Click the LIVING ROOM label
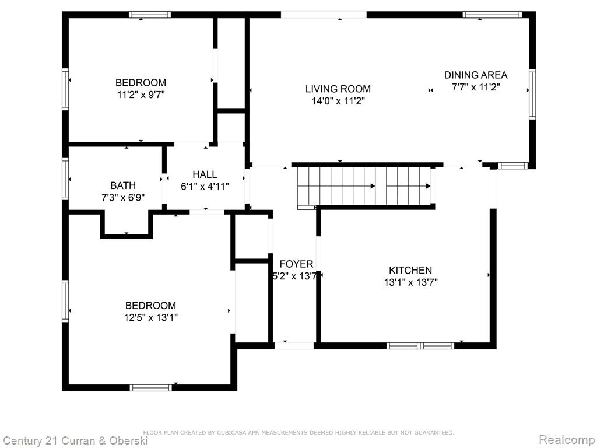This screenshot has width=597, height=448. coord(338,89)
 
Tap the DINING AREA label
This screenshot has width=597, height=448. coord(476,75)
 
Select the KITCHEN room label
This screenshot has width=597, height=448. coord(410,271)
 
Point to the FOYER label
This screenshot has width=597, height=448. coord(296,264)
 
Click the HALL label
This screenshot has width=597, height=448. coord(205,174)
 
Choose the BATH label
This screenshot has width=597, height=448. coord(123,185)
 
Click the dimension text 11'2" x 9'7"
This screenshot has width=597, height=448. coord(141,94)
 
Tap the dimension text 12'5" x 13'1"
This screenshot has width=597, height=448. coord(151,317)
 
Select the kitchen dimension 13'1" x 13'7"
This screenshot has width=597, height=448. coord(411,283)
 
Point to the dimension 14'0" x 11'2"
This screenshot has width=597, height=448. coord(338,101)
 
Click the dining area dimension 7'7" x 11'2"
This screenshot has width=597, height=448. coord(476,87)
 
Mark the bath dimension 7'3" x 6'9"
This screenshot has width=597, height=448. coord(123,198)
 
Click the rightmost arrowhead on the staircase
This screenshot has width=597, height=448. coord(428,186)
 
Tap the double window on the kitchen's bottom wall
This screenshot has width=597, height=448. coord(420,346)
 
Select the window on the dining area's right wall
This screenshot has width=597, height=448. coord(532,94)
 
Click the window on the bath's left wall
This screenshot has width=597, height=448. coord(65,179)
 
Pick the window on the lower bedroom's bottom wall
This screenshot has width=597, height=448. coord(151,388)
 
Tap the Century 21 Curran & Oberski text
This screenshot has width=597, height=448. coord(75,441)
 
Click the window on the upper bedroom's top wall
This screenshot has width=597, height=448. coord(150,15)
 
